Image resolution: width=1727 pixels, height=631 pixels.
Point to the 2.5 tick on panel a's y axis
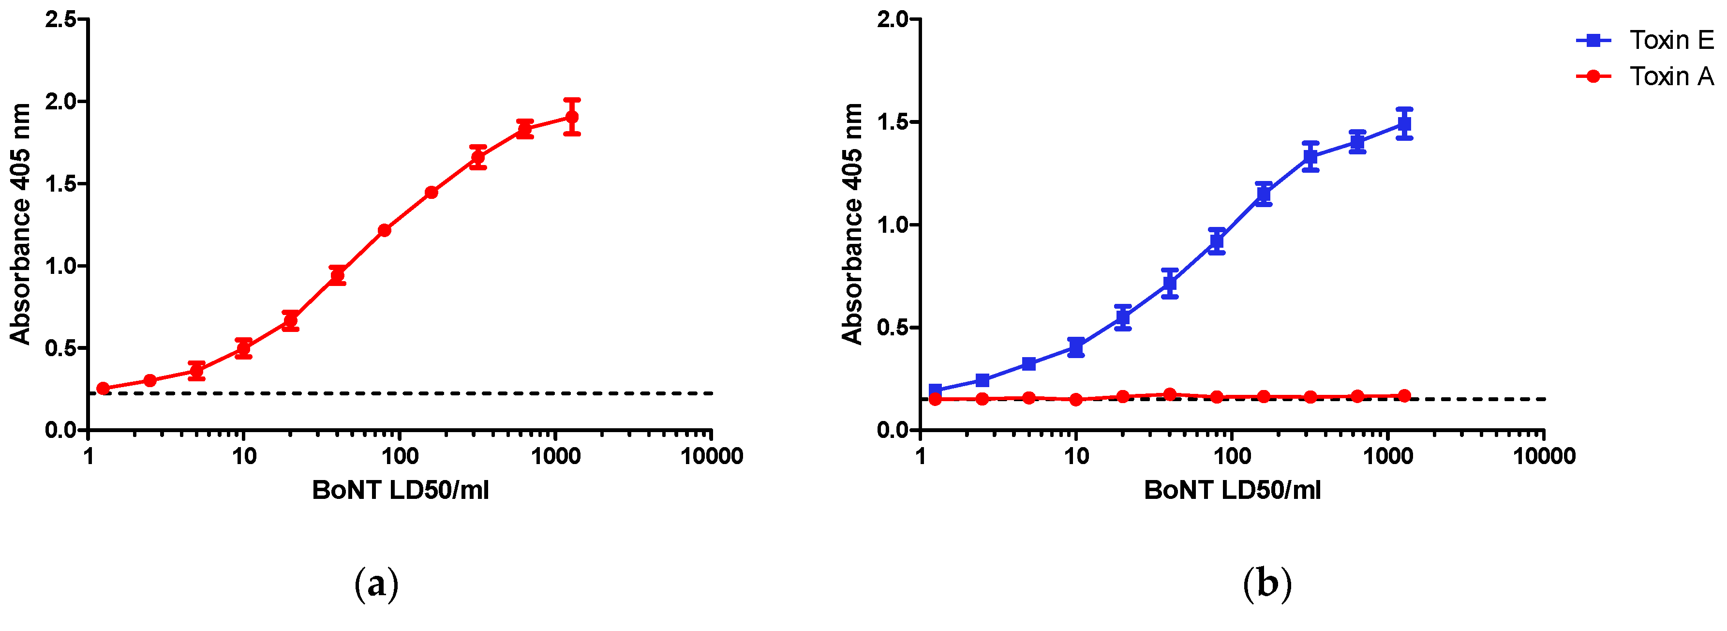pyautogui.click(x=60, y=19)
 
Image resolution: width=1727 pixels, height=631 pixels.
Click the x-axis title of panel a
pyautogui.click(x=400, y=490)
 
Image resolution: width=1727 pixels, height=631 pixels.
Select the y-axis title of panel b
pyautogui.click(x=852, y=224)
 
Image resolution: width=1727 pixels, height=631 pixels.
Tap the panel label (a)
pyautogui.click(x=376, y=584)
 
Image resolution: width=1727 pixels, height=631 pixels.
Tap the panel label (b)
pyautogui.click(x=1266, y=584)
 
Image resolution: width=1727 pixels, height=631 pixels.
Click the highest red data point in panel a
pyautogui.click(x=572, y=118)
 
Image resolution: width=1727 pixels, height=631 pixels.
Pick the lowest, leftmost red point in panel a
pyautogui.click(x=103, y=388)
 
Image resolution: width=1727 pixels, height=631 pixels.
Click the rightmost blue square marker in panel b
pyautogui.click(x=1404, y=124)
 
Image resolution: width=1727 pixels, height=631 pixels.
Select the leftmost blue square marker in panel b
pyautogui.click(x=935, y=391)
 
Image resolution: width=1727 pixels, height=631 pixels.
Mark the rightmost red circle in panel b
pyautogui.click(x=1404, y=396)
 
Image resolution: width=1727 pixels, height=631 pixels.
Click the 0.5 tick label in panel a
pyautogui.click(x=60, y=348)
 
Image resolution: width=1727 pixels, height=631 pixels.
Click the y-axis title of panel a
pyautogui.click(x=20, y=224)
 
